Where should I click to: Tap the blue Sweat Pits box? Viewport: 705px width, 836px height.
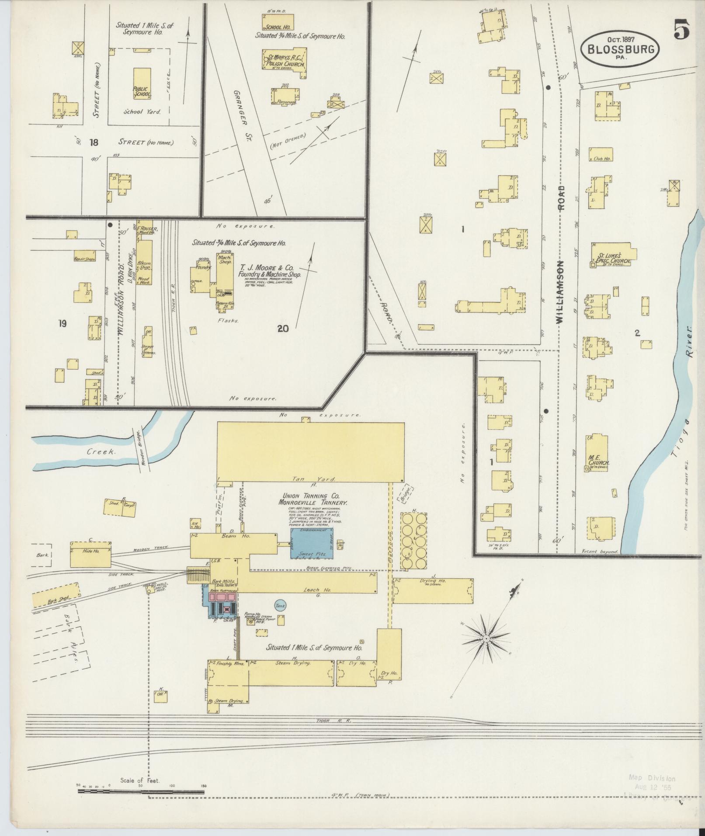[x=312, y=543]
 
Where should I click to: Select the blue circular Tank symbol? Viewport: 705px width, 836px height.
[x=280, y=605]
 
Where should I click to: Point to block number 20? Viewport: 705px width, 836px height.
[x=283, y=329]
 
